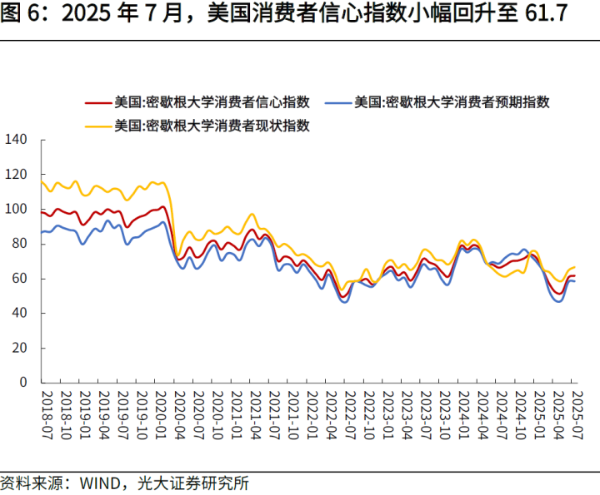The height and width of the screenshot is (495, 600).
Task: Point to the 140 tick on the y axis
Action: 17,140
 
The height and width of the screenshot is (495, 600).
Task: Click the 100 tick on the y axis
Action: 17,209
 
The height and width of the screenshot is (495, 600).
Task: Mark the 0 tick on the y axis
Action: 25,383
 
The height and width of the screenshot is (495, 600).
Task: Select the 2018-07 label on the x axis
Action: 47,413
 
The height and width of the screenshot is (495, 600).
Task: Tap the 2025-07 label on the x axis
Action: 573,413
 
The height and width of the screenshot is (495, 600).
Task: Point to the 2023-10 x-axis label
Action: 444,413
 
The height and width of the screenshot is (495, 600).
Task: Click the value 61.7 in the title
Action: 552,15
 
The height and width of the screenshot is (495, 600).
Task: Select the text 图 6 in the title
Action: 22,15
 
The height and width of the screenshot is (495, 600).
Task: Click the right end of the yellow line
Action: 575,267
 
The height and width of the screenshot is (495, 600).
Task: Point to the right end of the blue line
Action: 575,281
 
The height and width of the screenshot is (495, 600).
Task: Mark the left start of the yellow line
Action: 42,181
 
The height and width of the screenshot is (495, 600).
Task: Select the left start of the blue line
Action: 42,232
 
